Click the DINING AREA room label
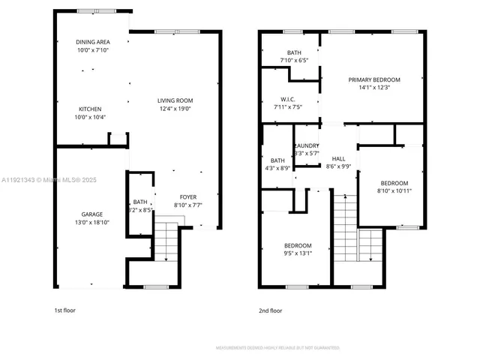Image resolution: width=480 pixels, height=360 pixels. click(x=93, y=42)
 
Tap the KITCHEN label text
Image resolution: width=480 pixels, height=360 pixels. click(x=90, y=109)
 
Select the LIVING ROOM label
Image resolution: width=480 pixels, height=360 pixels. click(x=175, y=100)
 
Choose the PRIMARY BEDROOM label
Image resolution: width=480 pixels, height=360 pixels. click(x=374, y=79)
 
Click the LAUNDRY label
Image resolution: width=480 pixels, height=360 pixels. click(x=307, y=145)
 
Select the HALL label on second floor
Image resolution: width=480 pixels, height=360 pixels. click(x=339, y=158)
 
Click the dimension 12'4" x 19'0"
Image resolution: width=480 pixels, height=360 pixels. click(x=175, y=109)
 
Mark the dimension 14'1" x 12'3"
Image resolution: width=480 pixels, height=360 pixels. click(x=374, y=88)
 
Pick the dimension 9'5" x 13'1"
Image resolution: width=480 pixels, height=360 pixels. click(x=297, y=253)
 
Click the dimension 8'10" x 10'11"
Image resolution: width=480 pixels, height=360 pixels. click(x=394, y=191)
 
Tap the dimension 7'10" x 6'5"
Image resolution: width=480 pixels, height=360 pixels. click(x=292, y=60)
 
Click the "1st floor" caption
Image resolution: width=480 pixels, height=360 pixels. click(x=64, y=310)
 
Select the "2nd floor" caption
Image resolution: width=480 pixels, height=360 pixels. click(x=270, y=310)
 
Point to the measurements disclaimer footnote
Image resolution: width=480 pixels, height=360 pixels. click(x=277, y=348)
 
